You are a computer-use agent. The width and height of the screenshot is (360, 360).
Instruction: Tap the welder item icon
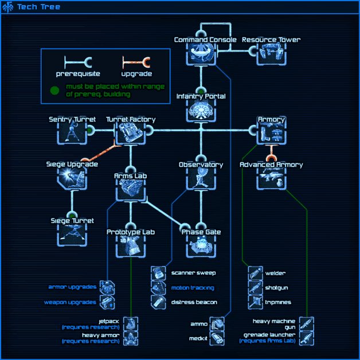click(256, 273)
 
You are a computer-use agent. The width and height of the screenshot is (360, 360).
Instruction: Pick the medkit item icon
click(217, 338)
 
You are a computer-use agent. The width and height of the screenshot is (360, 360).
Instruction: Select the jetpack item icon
click(131, 324)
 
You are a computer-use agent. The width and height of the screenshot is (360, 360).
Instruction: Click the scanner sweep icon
click(159, 273)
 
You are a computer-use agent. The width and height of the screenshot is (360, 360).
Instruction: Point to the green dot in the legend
click(54, 90)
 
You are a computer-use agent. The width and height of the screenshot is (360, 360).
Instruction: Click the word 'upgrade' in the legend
click(136, 74)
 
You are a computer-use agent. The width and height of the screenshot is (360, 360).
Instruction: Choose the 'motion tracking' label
click(193, 288)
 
